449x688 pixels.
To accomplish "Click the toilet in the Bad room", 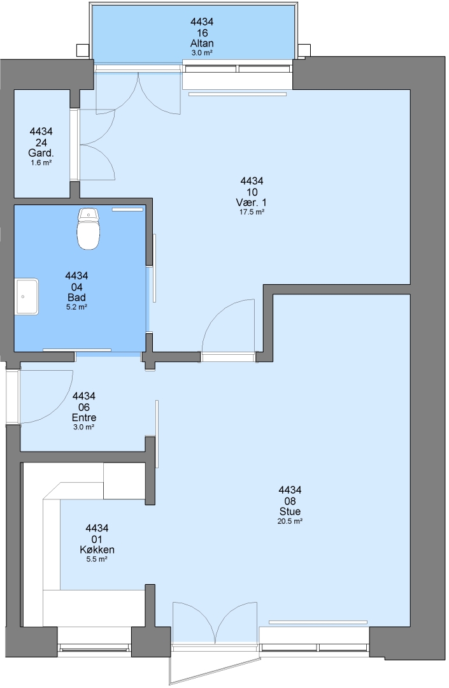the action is tap(89, 229).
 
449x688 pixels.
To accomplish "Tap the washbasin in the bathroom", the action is tap(27, 297).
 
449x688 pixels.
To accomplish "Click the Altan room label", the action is tap(202, 43).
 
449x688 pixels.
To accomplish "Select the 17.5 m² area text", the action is tap(252, 212).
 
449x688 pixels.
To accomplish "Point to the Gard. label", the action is tap(41, 153).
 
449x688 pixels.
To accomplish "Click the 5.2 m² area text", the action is tap(76, 307).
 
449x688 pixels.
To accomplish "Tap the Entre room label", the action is tap(84, 418).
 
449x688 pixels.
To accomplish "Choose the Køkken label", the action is tap(97, 550).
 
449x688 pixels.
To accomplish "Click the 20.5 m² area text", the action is tap(290, 521).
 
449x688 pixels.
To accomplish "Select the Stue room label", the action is tap(290, 512).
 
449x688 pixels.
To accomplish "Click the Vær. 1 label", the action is tap(252, 203).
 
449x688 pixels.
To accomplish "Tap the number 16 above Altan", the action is tap(202, 33).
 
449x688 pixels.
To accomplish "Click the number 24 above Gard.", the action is tap(41, 143).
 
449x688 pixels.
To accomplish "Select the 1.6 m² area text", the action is tap(41, 163).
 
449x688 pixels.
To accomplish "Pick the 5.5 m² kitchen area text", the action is tap(97, 559).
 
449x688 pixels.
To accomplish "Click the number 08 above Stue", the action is tap(290, 501).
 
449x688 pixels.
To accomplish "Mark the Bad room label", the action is tap(76, 297).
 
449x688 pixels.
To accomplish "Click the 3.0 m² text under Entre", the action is tap(84, 427).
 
